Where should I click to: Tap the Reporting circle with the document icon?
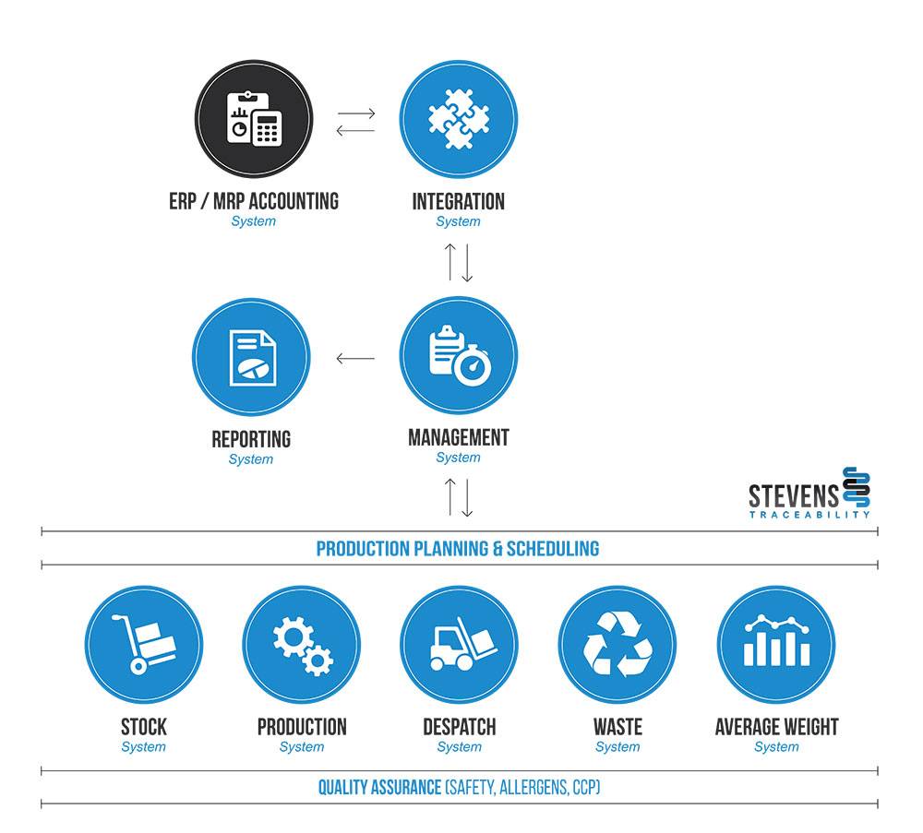pyautogui.click(x=251, y=357)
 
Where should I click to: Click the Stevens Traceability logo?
pyautogui.click(x=809, y=494)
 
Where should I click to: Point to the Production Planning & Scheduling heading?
pyautogui.click(x=458, y=549)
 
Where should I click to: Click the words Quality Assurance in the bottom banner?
pyautogui.click(x=379, y=788)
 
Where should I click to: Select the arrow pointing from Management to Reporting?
pyautogui.click(x=355, y=358)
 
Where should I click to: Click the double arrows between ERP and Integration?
pyautogui.click(x=356, y=122)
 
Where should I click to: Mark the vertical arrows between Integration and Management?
pyautogui.click(x=459, y=262)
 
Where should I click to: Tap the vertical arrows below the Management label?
pyautogui.click(x=459, y=497)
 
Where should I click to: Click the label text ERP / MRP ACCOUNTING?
pyautogui.click(x=254, y=201)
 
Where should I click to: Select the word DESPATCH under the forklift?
pyautogui.click(x=459, y=727)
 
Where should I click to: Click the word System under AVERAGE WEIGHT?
pyautogui.click(x=776, y=747)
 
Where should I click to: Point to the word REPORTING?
pyautogui.click(x=251, y=439)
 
